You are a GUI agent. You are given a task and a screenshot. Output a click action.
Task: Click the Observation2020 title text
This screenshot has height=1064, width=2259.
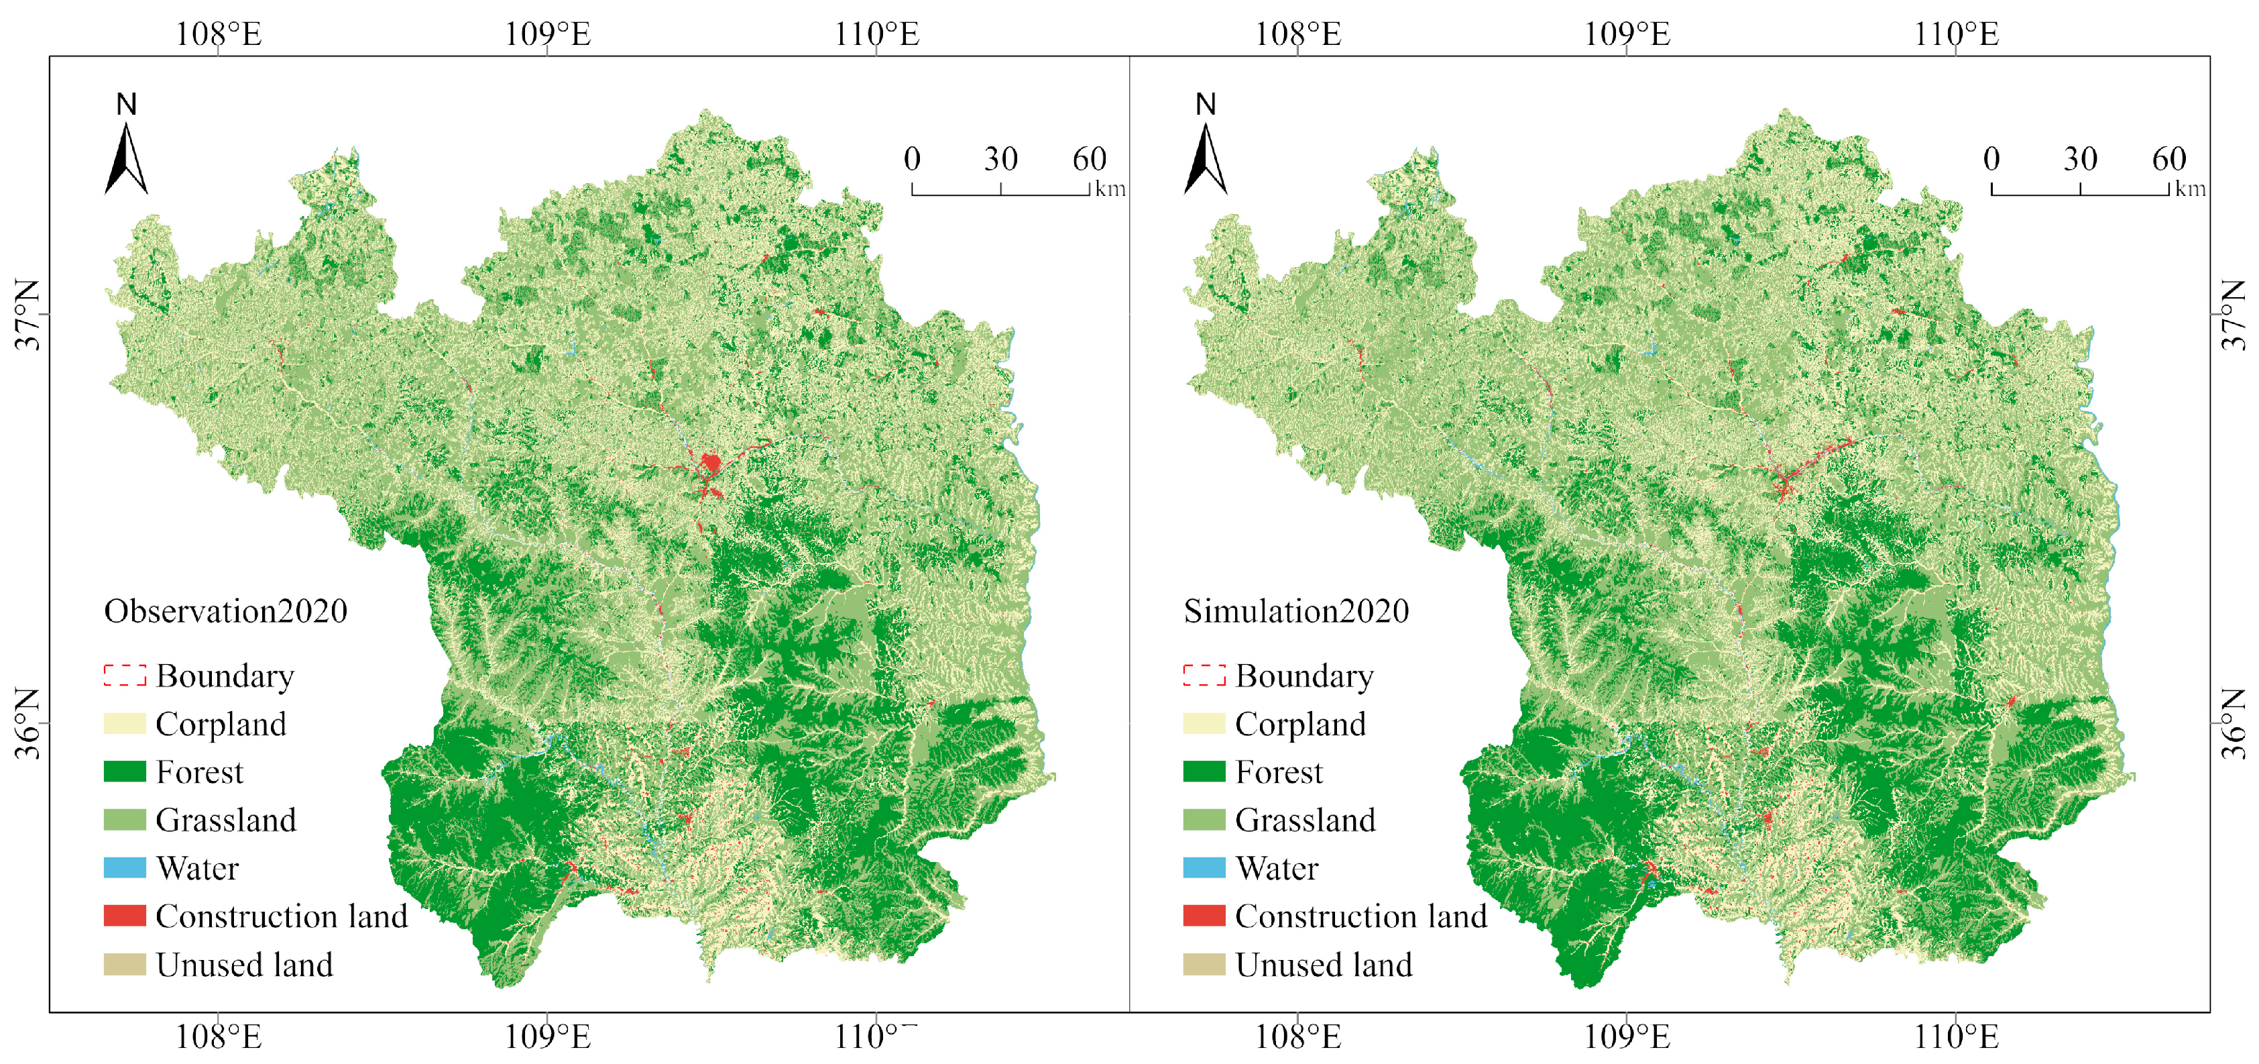click(225, 611)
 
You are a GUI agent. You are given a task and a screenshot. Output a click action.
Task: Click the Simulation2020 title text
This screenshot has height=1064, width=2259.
click(1295, 611)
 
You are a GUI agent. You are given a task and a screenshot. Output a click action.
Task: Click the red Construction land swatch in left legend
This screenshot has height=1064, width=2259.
click(125, 916)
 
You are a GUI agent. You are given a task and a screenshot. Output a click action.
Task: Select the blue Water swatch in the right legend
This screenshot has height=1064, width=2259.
click(1204, 867)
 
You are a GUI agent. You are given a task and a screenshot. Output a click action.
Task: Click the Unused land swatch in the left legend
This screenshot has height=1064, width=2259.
click(125, 965)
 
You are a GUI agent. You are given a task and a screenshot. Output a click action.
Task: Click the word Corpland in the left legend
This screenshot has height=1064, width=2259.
click(221, 725)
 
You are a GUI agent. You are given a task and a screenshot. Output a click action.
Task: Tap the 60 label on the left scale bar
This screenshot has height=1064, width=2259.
click(1089, 160)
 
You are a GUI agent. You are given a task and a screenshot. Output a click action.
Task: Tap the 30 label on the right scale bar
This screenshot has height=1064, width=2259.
click(2080, 160)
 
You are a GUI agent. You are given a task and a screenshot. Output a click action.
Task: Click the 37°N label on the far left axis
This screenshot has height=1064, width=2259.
click(28, 315)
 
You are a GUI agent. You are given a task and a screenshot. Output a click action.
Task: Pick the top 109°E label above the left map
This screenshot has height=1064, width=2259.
click(547, 35)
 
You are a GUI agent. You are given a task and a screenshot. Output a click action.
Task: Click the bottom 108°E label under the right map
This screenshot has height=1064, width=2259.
click(1298, 1038)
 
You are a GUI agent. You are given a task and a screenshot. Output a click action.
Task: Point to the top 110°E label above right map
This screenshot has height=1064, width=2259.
click(1955, 35)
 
